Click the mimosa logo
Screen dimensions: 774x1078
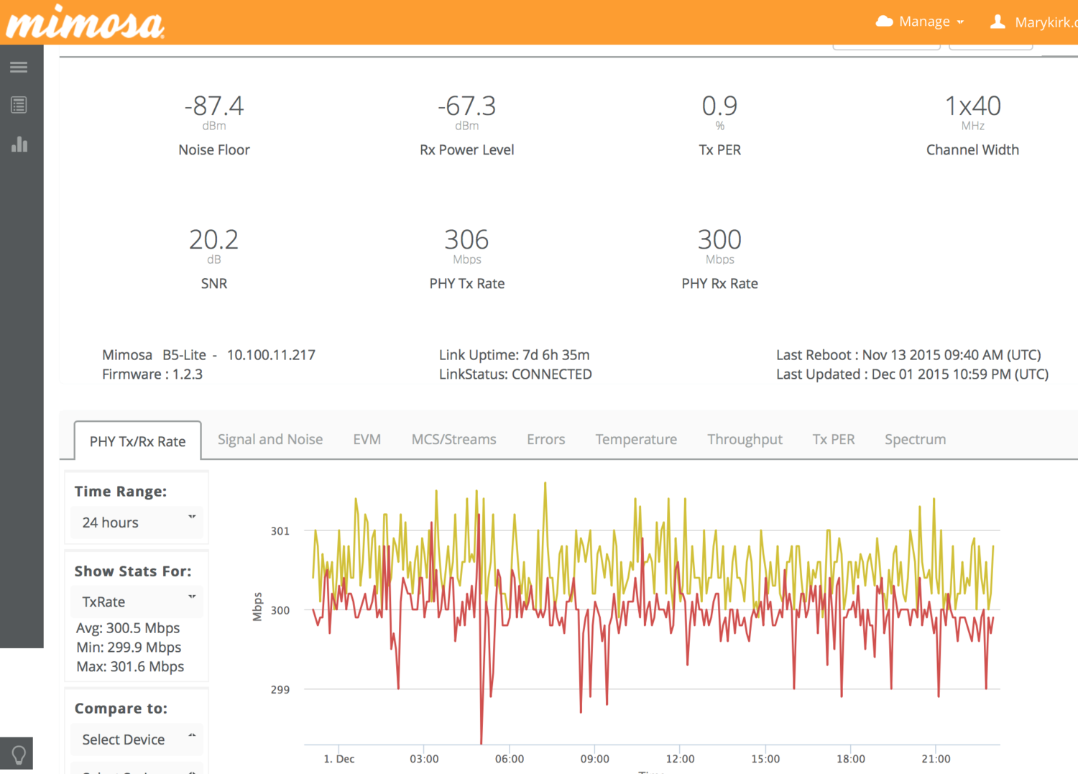tap(85, 22)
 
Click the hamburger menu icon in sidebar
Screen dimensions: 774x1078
tap(19, 68)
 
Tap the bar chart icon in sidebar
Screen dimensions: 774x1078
tap(19, 144)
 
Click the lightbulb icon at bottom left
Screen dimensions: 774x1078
tap(19, 755)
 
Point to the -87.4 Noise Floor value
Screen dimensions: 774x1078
tap(214, 106)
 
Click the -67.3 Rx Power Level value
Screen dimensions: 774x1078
tap(467, 106)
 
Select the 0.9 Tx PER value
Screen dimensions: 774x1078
tap(719, 106)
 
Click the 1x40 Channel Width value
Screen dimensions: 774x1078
tap(972, 106)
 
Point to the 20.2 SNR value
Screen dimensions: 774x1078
tap(213, 240)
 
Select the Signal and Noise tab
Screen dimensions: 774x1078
tap(270, 439)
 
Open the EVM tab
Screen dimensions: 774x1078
tap(367, 439)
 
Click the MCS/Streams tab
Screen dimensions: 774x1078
tap(453, 439)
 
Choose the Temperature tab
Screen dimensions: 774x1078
tap(636, 439)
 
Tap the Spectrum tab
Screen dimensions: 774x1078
tap(915, 439)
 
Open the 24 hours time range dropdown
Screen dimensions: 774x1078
tap(137, 522)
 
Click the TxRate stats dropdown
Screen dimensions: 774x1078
tap(137, 602)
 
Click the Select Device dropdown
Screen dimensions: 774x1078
tap(137, 740)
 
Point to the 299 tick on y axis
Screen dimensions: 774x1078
tap(280, 690)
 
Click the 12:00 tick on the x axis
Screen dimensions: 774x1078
tap(680, 759)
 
